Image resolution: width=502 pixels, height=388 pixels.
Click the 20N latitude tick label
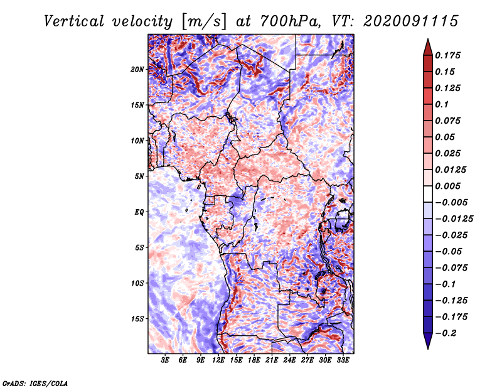(137, 69)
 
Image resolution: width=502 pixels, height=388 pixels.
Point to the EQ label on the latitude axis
(139, 212)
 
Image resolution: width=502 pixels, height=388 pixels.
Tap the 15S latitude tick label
(137, 319)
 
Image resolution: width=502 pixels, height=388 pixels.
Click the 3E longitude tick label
(166, 361)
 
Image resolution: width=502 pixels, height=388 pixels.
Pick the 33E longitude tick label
(343, 361)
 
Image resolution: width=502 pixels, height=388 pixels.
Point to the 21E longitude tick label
(272, 361)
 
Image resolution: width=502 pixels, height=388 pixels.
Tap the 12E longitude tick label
(219, 361)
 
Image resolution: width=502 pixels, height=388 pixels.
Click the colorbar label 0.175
(449, 55)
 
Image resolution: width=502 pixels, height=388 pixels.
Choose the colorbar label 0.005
(449, 186)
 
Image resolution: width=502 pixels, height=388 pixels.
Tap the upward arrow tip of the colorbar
(427, 41)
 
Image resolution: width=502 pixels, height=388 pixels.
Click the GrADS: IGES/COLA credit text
(35, 382)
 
